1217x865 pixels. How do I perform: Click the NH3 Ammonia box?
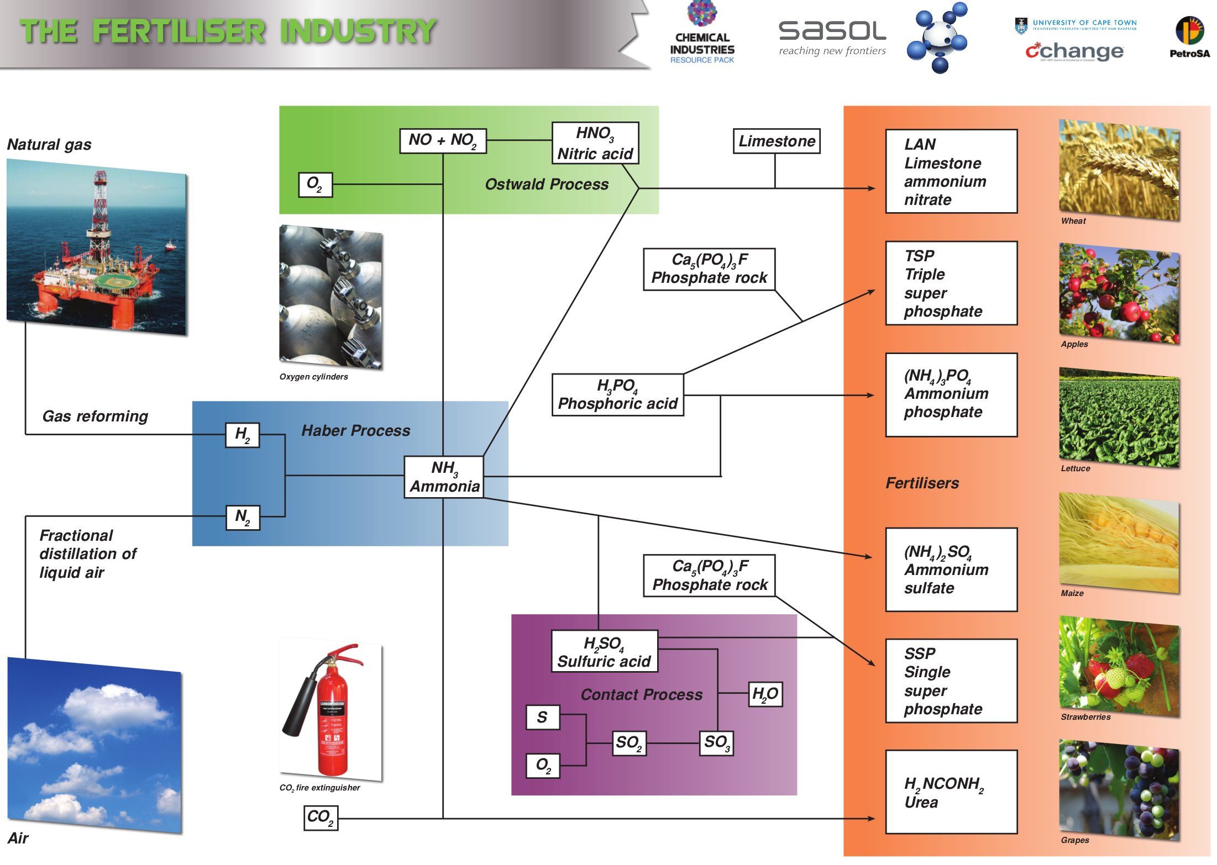click(x=443, y=477)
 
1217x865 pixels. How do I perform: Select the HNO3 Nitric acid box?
click(x=595, y=143)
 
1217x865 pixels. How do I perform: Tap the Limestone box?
click(x=776, y=141)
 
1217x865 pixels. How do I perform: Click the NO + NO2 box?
click(x=443, y=140)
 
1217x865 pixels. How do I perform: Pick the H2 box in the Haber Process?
click(x=243, y=435)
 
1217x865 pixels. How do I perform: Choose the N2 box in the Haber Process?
click(x=243, y=518)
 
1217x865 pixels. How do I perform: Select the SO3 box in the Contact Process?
click(x=717, y=742)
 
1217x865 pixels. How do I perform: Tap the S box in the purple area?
click(x=542, y=717)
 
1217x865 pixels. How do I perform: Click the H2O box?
click(x=765, y=694)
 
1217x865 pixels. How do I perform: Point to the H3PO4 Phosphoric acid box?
click(x=617, y=394)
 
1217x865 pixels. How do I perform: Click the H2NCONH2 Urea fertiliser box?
click(x=951, y=792)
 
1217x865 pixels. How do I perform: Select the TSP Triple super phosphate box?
click(x=951, y=283)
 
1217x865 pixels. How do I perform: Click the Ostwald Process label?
click(x=547, y=184)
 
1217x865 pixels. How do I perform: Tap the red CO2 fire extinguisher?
click(x=329, y=713)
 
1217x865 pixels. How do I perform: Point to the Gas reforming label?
click(x=95, y=416)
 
